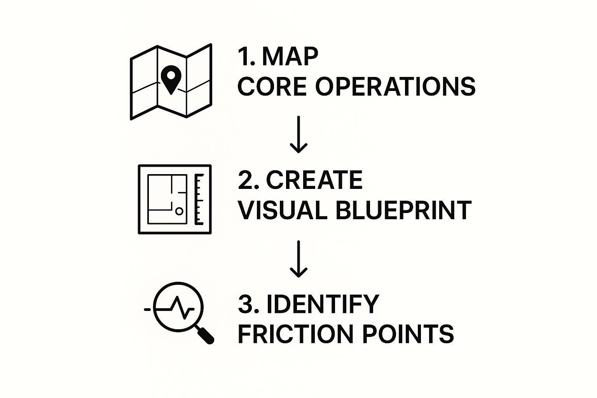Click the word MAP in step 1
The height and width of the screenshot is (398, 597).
(x=290, y=56)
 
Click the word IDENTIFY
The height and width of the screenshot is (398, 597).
(x=323, y=304)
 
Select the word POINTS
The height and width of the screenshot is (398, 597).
(x=408, y=334)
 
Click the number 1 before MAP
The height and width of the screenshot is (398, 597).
(x=244, y=56)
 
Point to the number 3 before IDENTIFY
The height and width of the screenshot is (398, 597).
(x=246, y=304)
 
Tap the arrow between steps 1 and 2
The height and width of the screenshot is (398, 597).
(x=298, y=134)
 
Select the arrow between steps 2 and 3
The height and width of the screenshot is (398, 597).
(x=298, y=259)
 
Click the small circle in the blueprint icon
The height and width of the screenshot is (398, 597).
(x=179, y=211)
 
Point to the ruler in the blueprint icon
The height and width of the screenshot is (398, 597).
(x=199, y=199)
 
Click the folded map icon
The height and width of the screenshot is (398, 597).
(x=171, y=82)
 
